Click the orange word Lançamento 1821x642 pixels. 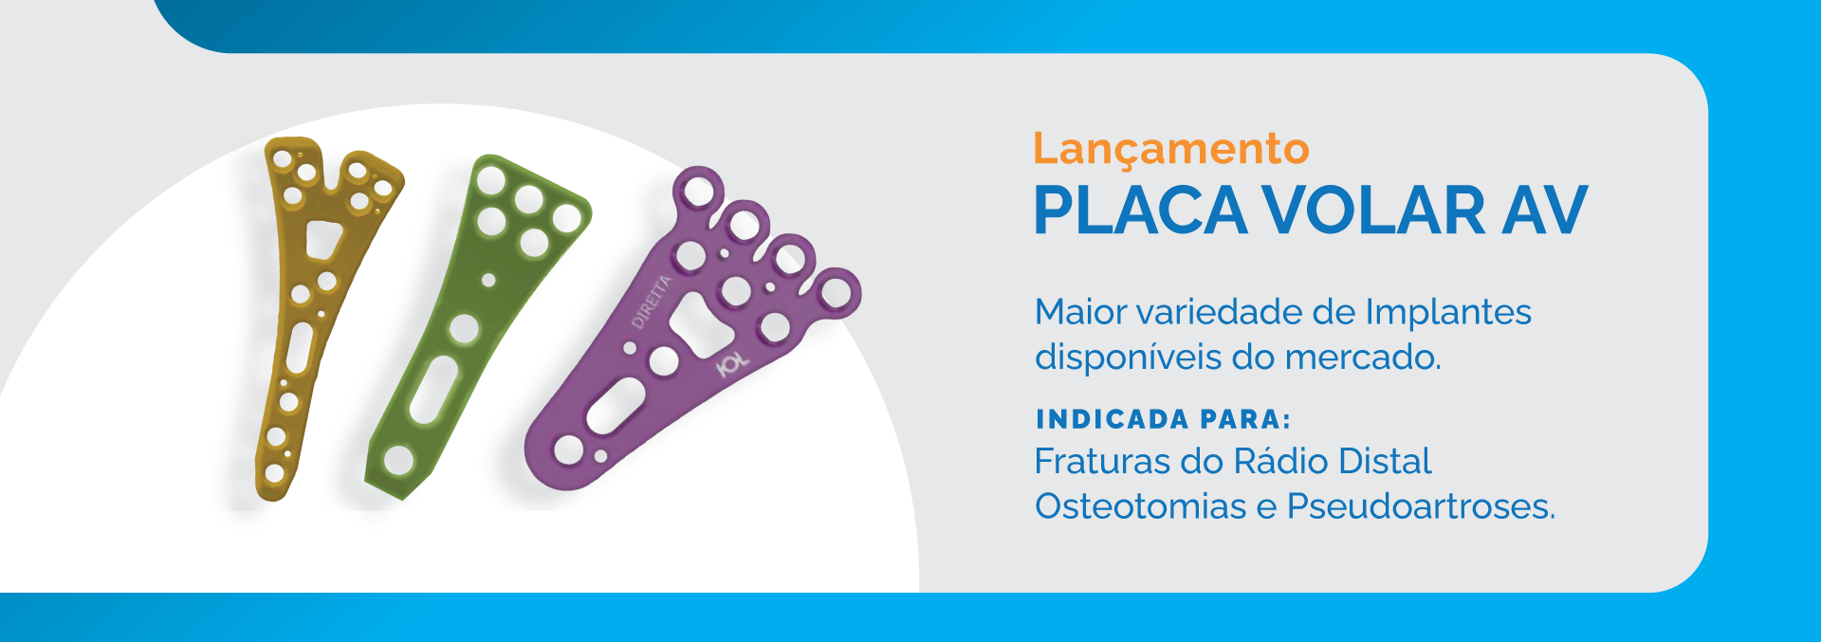[1170, 150]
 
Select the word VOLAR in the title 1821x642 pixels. [1374, 210]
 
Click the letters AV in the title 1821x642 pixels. [1545, 210]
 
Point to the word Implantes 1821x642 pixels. [1448, 312]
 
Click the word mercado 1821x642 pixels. [1363, 357]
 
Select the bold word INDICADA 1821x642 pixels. [1112, 419]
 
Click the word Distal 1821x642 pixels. [1384, 462]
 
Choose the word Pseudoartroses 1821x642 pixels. [1421, 506]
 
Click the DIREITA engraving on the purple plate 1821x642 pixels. [652, 302]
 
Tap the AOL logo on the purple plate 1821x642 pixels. [732, 363]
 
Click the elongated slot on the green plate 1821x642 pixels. [433, 390]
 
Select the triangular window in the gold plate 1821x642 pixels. [322, 239]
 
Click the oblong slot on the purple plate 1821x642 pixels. [616, 404]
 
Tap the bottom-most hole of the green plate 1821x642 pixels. [398, 461]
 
